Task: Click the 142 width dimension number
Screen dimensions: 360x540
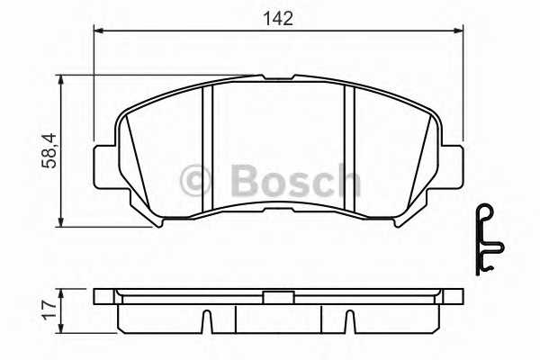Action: (x=278, y=17)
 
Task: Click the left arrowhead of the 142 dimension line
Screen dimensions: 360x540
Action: (x=98, y=31)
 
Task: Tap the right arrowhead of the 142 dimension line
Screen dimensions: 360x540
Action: (x=458, y=31)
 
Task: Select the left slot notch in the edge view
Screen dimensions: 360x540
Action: (x=206, y=320)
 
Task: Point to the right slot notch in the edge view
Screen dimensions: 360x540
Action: (x=346, y=320)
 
